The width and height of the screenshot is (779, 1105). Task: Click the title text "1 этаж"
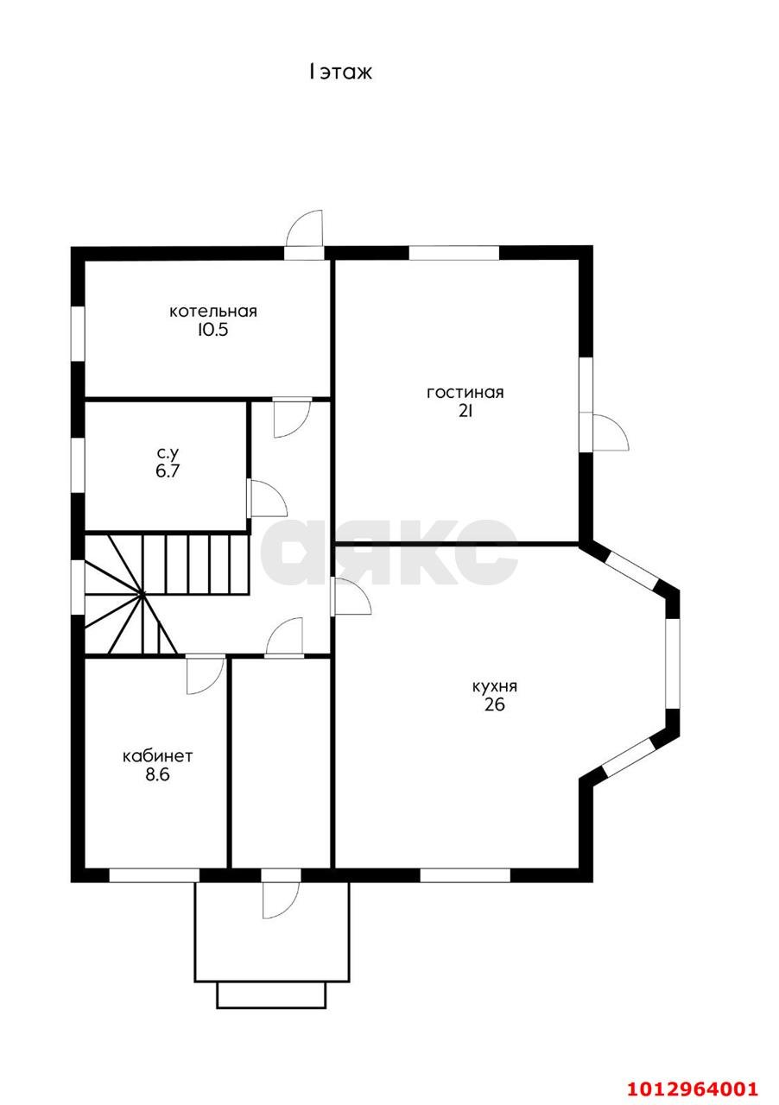pyautogui.click(x=339, y=73)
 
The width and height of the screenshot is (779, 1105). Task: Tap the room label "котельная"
pyautogui.click(x=213, y=312)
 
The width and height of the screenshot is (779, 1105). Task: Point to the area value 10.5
pyautogui.click(x=212, y=330)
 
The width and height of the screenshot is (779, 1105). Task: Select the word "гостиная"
pyautogui.click(x=465, y=393)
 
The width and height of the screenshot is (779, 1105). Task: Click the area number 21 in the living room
pyautogui.click(x=465, y=411)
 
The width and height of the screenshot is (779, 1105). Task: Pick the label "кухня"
pyautogui.click(x=495, y=686)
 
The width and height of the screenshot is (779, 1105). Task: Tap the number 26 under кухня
pyautogui.click(x=495, y=705)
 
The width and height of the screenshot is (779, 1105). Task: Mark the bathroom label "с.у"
pyautogui.click(x=168, y=452)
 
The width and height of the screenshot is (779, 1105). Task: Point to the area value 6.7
pyautogui.click(x=168, y=470)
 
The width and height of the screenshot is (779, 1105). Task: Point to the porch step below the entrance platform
pyautogui.click(x=271, y=993)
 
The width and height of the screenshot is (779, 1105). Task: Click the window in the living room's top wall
pyautogui.click(x=454, y=253)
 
